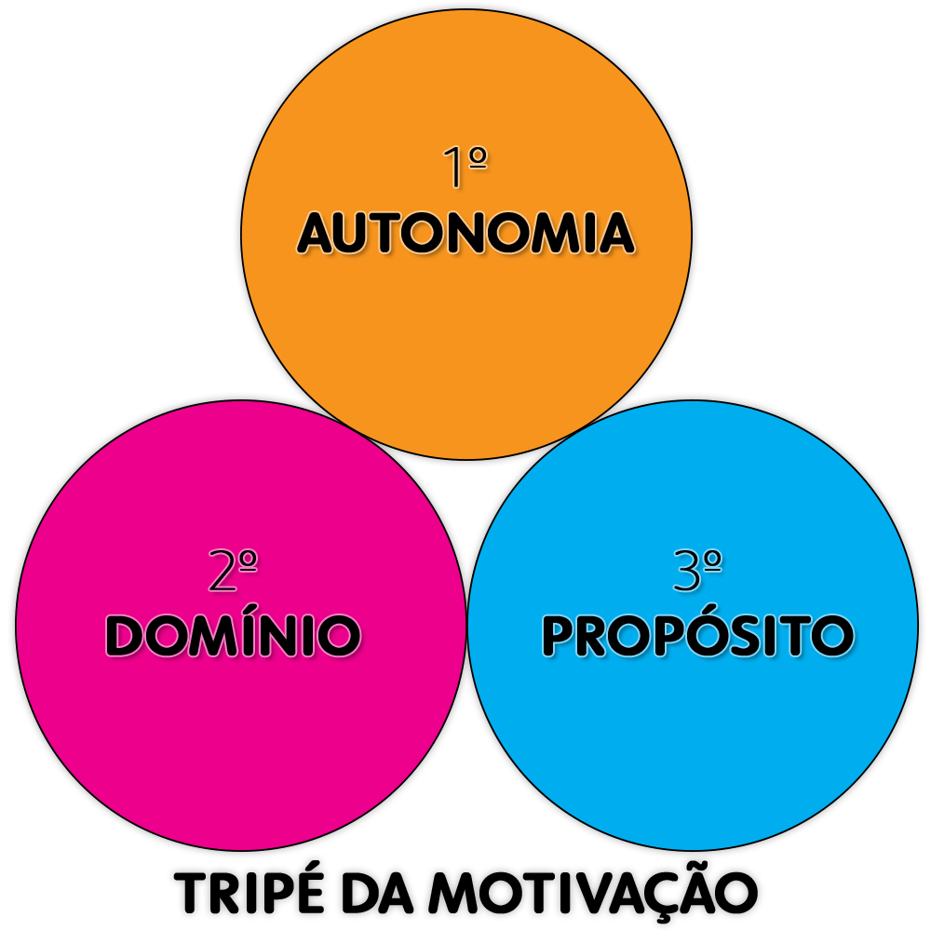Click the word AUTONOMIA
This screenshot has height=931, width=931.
(465, 234)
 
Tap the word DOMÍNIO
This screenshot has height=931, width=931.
(233, 636)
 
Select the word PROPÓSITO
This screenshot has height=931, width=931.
(697, 636)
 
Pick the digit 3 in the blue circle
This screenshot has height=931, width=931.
(686, 572)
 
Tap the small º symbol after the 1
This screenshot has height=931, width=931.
(479, 158)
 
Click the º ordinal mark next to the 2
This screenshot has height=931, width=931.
(248, 561)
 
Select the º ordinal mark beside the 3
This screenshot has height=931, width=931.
(711, 561)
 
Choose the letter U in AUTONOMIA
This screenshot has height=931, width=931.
(355, 235)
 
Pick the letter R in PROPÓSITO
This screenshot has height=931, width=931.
(596, 636)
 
